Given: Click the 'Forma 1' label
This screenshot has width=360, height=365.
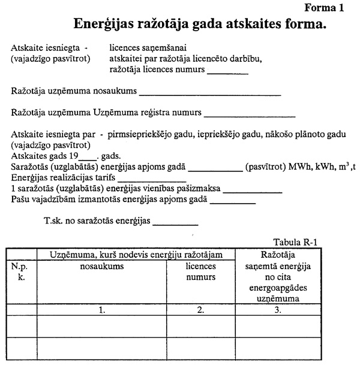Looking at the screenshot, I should pos(325,8).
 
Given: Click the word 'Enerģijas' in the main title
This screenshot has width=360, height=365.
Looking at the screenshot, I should pos(106,25).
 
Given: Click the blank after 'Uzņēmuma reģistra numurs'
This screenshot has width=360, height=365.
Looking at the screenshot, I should pos(250,113).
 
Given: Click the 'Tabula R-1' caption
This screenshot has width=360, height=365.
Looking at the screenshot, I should pos(295,243).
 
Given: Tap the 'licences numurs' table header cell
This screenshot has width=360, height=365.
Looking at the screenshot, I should pos(200,272).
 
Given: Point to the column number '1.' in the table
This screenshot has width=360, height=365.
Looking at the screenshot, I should pos(102,310).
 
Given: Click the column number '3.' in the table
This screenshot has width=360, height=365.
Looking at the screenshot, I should pos(277,310).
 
